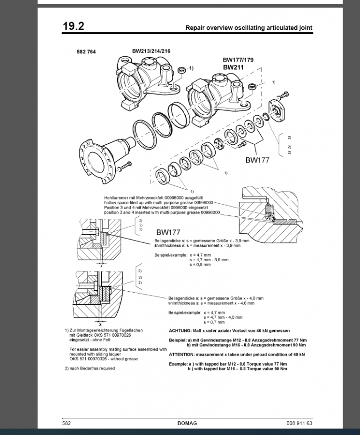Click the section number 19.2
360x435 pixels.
(74, 26)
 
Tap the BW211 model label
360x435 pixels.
(233, 67)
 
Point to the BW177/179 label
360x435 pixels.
(238, 60)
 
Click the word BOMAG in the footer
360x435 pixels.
(187, 423)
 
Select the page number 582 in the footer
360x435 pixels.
(67, 423)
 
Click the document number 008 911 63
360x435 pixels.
(299, 423)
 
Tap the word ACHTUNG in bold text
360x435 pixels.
(180, 331)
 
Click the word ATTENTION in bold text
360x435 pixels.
(182, 354)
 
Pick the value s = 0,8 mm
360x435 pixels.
(200, 265)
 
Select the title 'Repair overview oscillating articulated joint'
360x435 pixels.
(249, 28)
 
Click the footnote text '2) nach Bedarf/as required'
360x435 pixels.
(90, 369)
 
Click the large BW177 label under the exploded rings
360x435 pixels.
(257, 160)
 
